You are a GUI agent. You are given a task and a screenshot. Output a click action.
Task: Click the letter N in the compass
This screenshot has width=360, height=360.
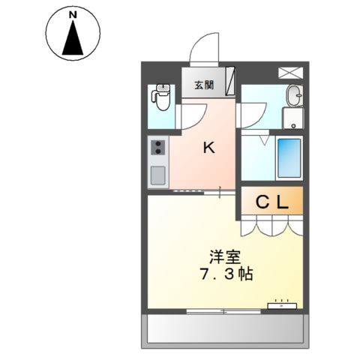pyautogui.click(x=72, y=15)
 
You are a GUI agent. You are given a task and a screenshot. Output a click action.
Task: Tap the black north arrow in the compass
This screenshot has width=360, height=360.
pyautogui.click(x=73, y=39)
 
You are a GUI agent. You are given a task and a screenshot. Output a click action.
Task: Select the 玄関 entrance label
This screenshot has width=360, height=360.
pyautogui.click(x=204, y=85)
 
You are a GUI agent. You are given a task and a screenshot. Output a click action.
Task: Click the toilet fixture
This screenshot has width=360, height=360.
pyautogui.click(x=160, y=97)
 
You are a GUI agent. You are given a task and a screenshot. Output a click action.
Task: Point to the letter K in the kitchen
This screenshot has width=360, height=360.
pyautogui.click(x=209, y=148)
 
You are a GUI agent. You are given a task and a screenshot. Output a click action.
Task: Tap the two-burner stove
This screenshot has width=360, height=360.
pyautogui.click(x=158, y=148)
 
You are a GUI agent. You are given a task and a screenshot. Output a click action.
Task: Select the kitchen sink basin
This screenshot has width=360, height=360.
pyautogui.click(x=158, y=175)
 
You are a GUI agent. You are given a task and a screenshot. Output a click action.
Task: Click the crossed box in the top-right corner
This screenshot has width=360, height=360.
pyautogui.click(x=289, y=73)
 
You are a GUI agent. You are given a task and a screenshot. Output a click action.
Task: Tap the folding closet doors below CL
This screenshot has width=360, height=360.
pyautogui.click(x=271, y=223)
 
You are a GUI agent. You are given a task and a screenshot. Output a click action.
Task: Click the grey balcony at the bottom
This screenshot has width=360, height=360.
pyautogui.click(x=225, y=328)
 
